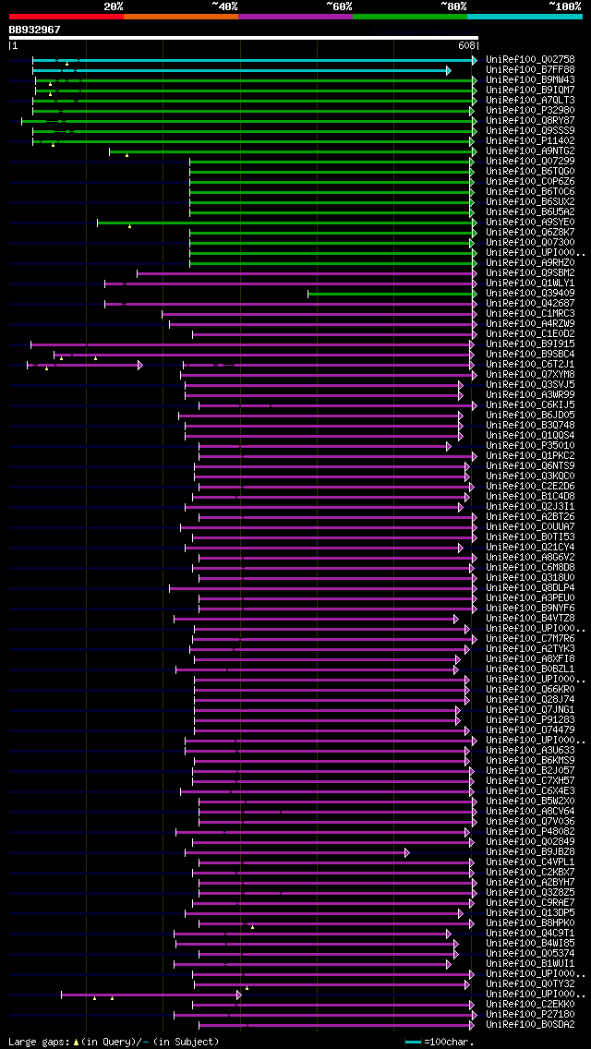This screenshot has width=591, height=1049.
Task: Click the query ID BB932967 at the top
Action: click(35, 30)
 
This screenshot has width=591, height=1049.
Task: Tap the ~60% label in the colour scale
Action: click(339, 6)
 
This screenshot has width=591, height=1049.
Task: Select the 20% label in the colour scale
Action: click(114, 6)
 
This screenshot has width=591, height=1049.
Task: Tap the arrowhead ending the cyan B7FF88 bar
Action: click(449, 70)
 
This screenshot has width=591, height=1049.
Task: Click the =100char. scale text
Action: click(452, 1043)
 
